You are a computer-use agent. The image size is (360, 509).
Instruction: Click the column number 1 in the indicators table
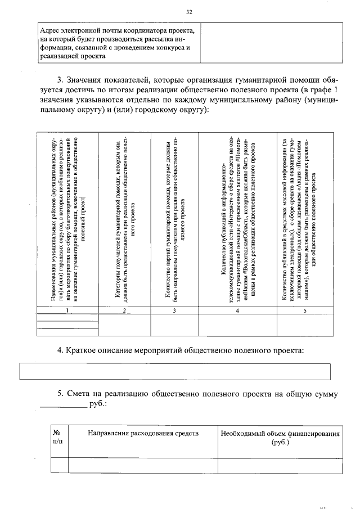(67, 310)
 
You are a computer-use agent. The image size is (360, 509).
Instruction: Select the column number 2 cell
(124, 310)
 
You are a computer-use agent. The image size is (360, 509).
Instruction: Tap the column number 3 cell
(174, 310)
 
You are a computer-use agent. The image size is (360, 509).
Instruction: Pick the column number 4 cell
(238, 310)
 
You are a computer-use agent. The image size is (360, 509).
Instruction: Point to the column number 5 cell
(304, 310)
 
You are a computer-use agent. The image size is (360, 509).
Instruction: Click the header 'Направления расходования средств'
(143, 434)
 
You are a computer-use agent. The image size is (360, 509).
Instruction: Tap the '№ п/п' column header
(57, 438)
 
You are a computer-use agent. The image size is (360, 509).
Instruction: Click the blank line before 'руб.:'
(64, 405)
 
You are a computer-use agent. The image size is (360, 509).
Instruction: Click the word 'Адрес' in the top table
(51, 30)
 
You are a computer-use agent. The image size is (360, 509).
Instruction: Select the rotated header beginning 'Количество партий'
(174, 219)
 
